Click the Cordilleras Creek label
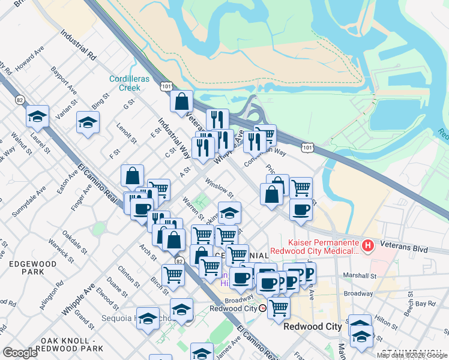click(125, 83)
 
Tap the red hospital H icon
click(369, 245)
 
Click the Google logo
click(20, 353)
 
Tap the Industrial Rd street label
click(79, 46)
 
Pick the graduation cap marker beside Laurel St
click(37, 117)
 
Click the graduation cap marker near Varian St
click(88, 124)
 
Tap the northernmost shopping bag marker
click(181, 101)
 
